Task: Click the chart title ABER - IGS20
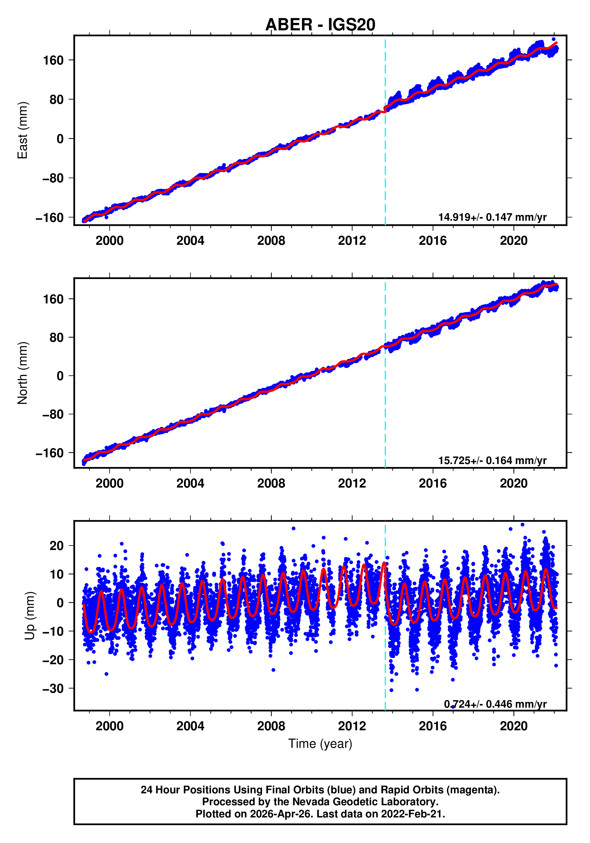pyautogui.click(x=320, y=25)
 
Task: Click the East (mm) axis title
pyautogui.click(x=23, y=130)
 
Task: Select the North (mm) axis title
pyautogui.click(x=23, y=373)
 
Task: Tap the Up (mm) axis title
pyautogui.click(x=30, y=616)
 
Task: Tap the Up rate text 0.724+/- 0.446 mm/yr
pyautogui.click(x=495, y=704)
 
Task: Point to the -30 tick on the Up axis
pyautogui.click(x=53, y=688)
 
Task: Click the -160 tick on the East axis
pyautogui.click(x=50, y=218)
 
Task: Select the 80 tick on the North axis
pyautogui.click(x=56, y=337)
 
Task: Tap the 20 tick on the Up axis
pyautogui.click(x=56, y=546)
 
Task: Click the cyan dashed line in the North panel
pyautogui.click(x=385, y=404)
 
